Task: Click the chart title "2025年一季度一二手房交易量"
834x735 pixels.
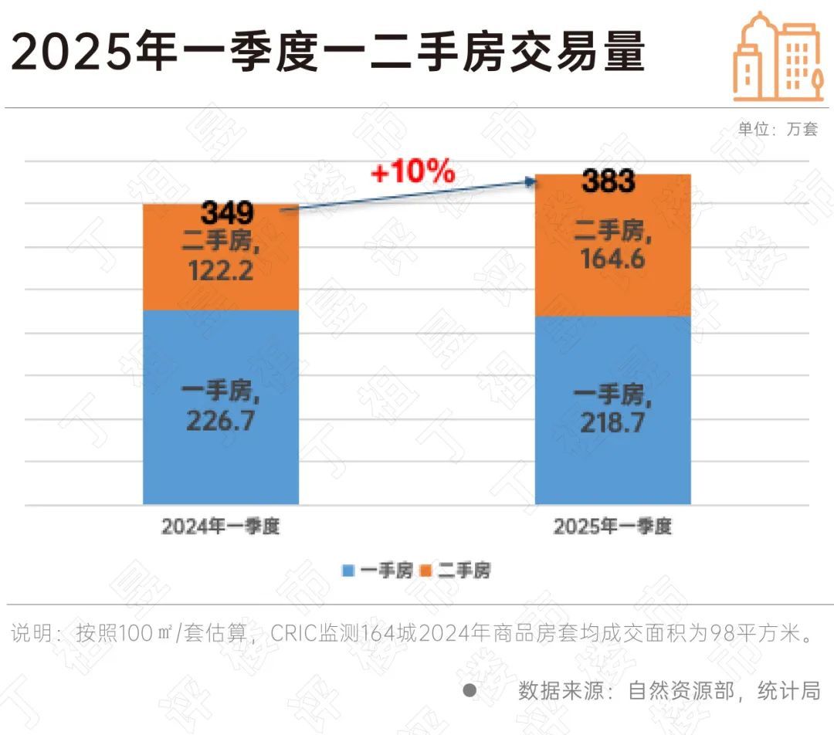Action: (327, 53)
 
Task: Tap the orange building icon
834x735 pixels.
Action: (777, 58)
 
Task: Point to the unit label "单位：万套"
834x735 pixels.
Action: (778, 130)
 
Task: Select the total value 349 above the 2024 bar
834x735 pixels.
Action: (227, 213)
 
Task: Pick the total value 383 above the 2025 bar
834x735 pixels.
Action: (608, 182)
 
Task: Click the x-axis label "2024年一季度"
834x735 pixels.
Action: (220, 527)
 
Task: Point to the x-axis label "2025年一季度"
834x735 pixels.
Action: (612, 527)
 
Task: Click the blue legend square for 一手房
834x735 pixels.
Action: (348, 571)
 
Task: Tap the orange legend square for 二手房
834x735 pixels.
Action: (425, 571)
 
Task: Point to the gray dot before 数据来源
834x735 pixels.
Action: (470, 689)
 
